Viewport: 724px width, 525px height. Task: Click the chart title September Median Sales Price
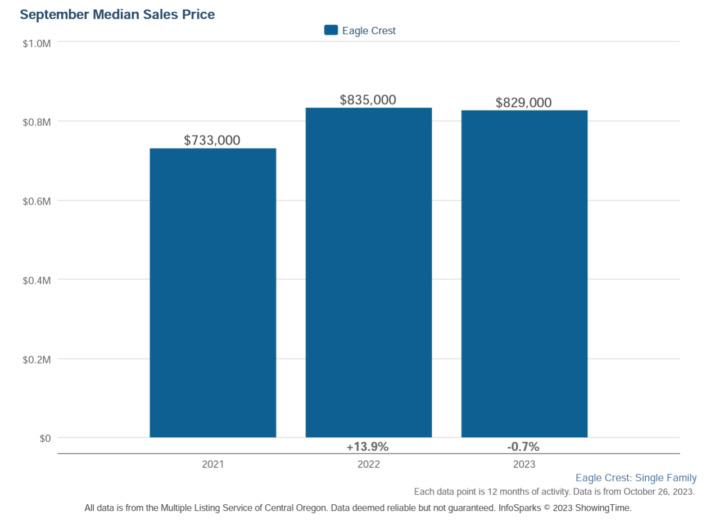(117, 15)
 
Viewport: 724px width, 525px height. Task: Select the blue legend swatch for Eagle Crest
(331, 30)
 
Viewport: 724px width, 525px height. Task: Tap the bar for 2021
(212, 292)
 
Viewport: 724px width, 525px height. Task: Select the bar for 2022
(368, 273)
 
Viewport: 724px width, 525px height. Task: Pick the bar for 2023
(524, 274)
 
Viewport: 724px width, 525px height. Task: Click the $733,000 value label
(212, 141)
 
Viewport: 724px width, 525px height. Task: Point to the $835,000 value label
(368, 100)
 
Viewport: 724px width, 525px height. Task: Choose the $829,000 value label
(523, 103)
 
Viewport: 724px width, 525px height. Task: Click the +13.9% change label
(368, 447)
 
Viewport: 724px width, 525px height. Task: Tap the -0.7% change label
(523, 447)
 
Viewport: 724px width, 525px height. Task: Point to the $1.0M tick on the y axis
(37, 43)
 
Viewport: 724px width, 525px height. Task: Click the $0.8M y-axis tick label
(37, 122)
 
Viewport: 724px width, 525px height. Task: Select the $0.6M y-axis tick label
(37, 201)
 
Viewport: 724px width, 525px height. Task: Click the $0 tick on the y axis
(44, 438)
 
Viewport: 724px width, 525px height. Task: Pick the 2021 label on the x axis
(212, 464)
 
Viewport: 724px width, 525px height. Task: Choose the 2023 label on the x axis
(524, 464)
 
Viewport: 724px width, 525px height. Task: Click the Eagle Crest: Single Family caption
(636, 478)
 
